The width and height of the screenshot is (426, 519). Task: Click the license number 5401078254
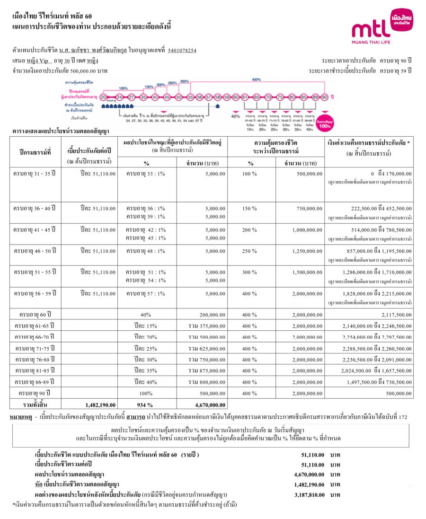[x=182, y=51]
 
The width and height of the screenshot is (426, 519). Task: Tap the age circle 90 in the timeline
[x=324, y=97]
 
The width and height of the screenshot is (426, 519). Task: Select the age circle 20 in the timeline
[x=104, y=97]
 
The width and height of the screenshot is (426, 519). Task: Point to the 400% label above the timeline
[x=257, y=79]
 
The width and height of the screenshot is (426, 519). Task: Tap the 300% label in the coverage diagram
[x=184, y=81]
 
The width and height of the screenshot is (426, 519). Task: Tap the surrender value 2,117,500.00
[x=396, y=315]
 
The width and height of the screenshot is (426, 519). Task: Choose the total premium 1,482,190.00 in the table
[x=101, y=405]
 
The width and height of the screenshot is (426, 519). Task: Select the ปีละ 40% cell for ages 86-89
[x=146, y=381]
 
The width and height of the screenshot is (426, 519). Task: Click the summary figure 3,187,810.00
[x=309, y=495]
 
